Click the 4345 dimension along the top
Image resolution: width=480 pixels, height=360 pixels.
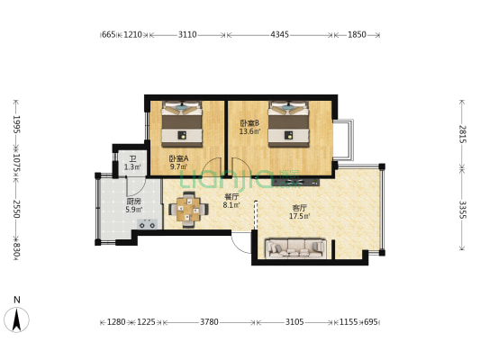point(279,34)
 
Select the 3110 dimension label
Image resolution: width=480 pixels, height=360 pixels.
point(187,34)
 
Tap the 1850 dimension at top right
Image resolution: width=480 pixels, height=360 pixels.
point(357,34)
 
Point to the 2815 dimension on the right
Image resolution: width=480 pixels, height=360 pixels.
point(462,134)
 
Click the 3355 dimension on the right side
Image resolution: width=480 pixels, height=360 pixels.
point(462,210)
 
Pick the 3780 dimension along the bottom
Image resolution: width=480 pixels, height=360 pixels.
point(210,322)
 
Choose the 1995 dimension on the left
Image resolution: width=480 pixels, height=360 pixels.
point(16,124)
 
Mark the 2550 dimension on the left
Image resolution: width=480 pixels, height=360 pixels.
point(16,209)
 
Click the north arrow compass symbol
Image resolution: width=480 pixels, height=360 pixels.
point(17,317)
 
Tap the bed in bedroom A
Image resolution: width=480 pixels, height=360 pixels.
point(182,124)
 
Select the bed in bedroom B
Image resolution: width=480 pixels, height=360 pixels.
point(288,124)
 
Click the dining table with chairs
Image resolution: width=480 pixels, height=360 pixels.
point(188,210)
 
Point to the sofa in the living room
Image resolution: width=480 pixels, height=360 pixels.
point(295,248)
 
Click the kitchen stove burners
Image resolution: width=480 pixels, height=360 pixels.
point(148,224)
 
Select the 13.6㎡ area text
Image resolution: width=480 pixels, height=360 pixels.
point(249,131)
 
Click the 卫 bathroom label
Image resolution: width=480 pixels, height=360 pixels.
point(132,159)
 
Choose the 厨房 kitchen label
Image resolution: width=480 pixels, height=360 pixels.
point(134,202)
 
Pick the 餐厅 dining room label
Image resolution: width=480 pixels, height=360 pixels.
point(231,197)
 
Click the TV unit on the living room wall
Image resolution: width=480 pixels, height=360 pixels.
point(296,183)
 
